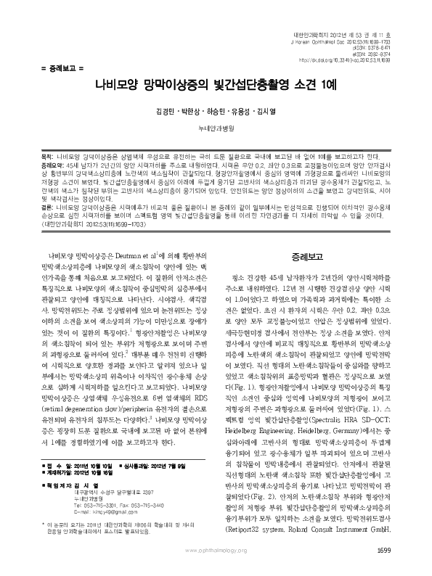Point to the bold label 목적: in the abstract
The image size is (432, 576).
click(x=46, y=155)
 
